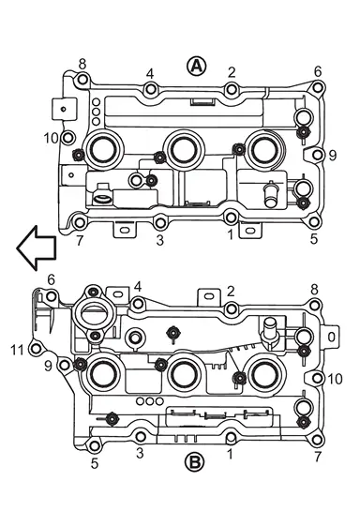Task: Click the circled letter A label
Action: pyautogui.click(x=197, y=66)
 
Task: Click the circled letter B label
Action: pyautogui.click(x=195, y=461)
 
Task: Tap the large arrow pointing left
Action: pyautogui.click(x=36, y=248)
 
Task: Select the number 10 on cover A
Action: pyautogui.click(x=52, y=138)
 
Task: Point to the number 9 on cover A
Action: pyautogui.click(x=332, y=156)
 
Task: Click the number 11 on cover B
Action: pyautogui.click(x=17, y=350)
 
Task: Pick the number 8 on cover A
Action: pyautogui.click(x=82, y=64)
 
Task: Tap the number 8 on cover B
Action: pyautogui.click(x=314, y=290)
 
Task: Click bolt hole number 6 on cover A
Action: pyautogui.click(x=318, y=88)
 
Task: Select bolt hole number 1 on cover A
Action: pyautogui.click(x=231, y=217)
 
